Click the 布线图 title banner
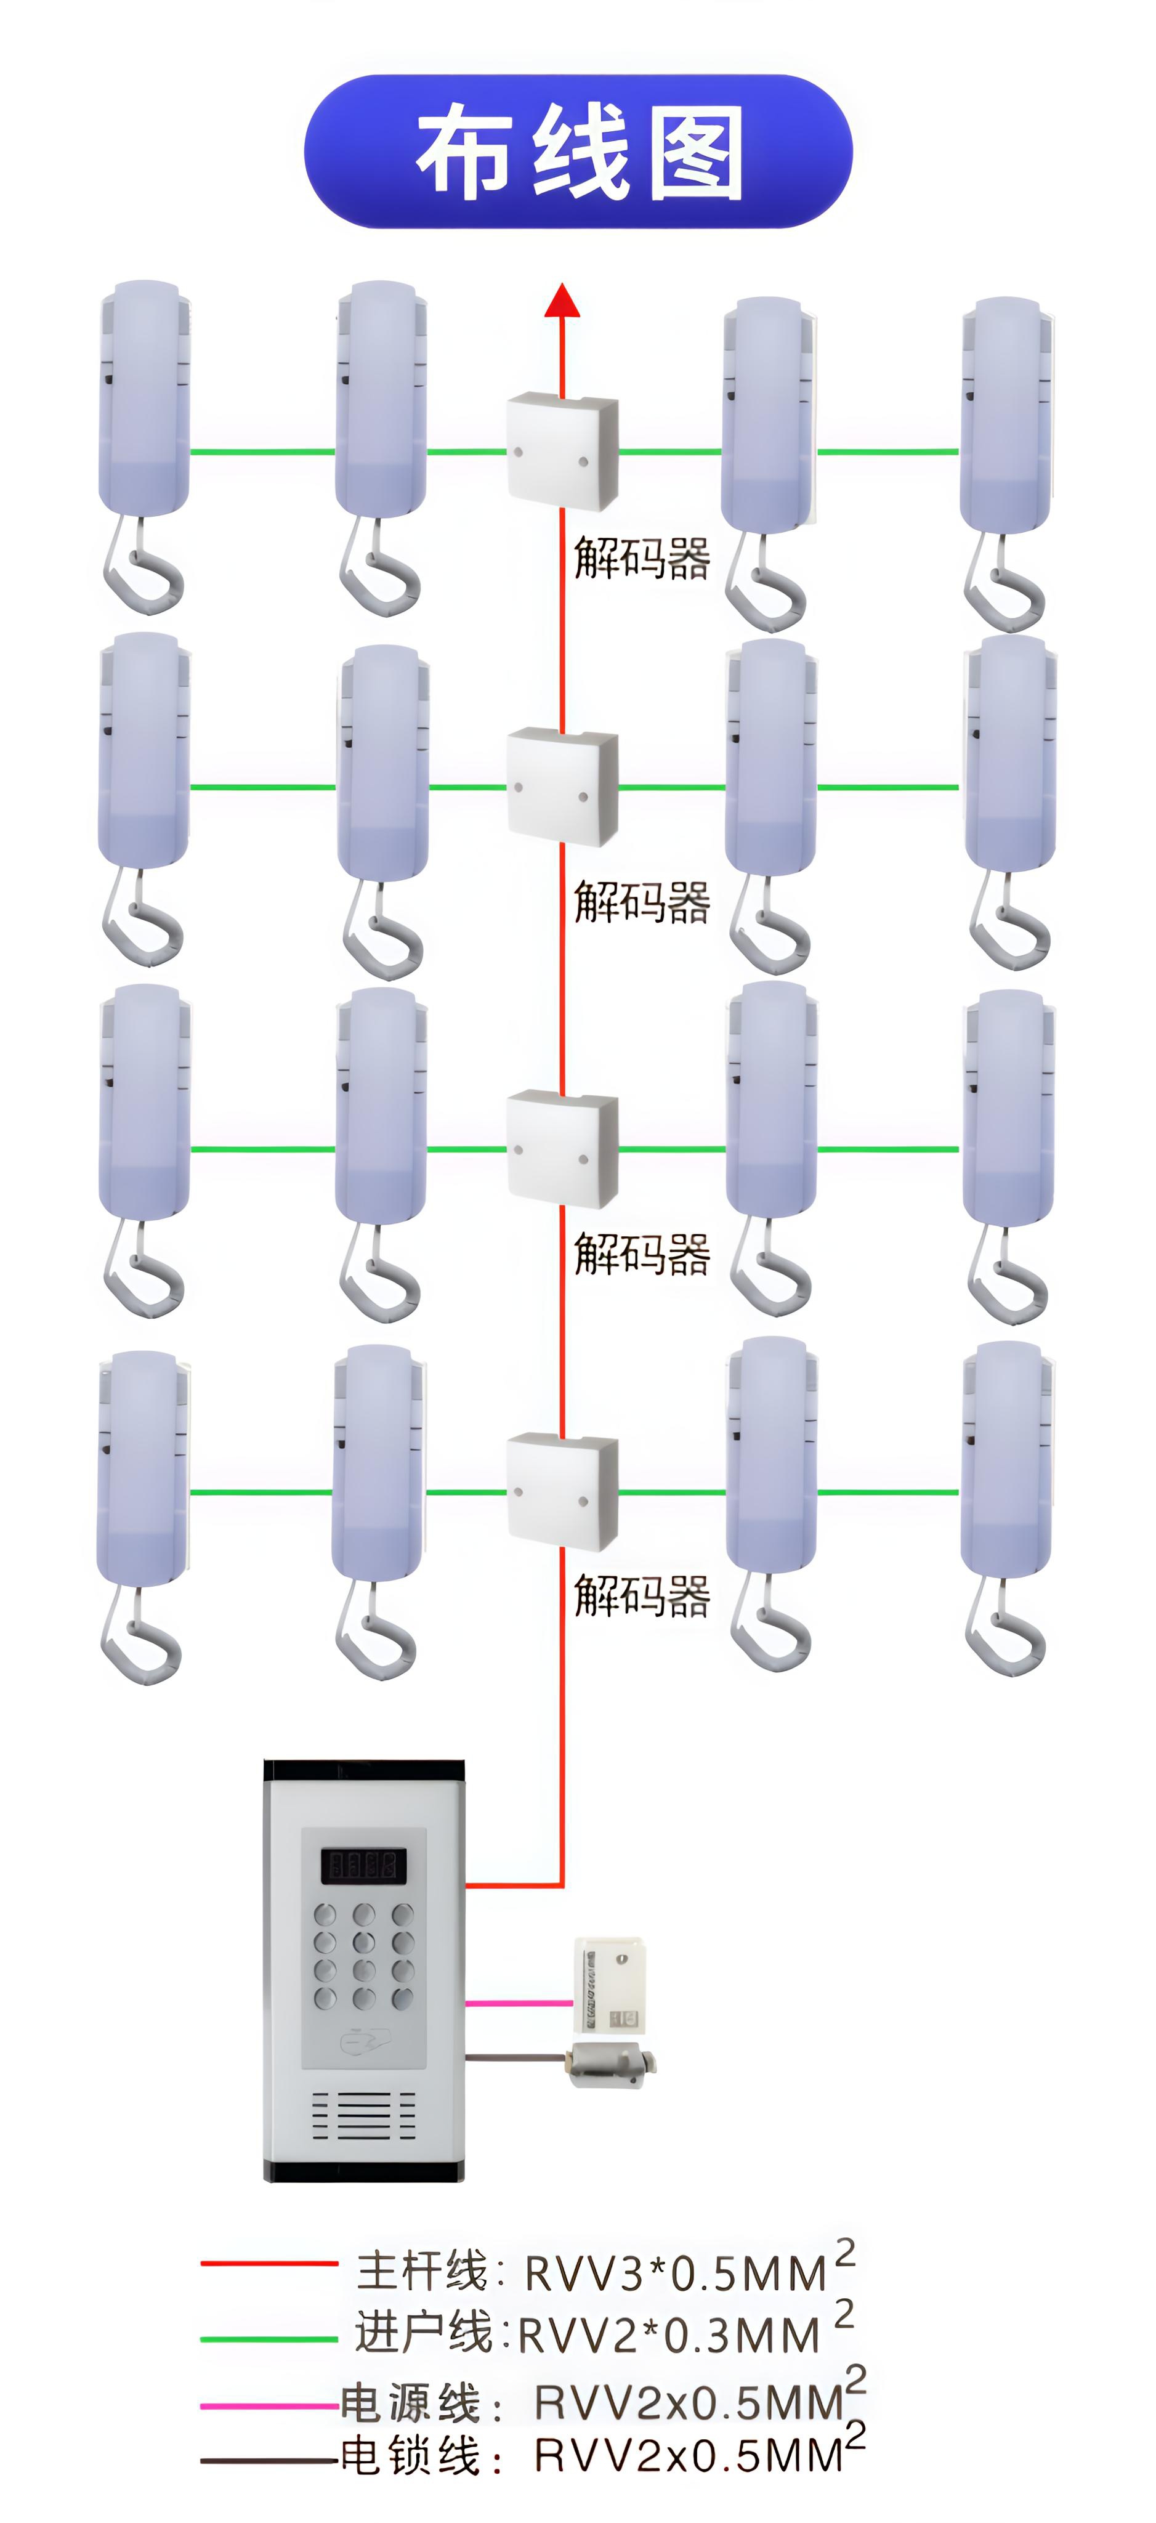click(578, 152)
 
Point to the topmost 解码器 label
click(642, 558)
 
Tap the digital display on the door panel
click(363, 1865)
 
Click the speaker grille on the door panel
click(363, 2116)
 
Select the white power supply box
click(608, 1984)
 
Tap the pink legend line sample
click(269, 2405)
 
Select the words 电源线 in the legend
click(410, 2402)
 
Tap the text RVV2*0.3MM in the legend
click(668, 2336)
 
